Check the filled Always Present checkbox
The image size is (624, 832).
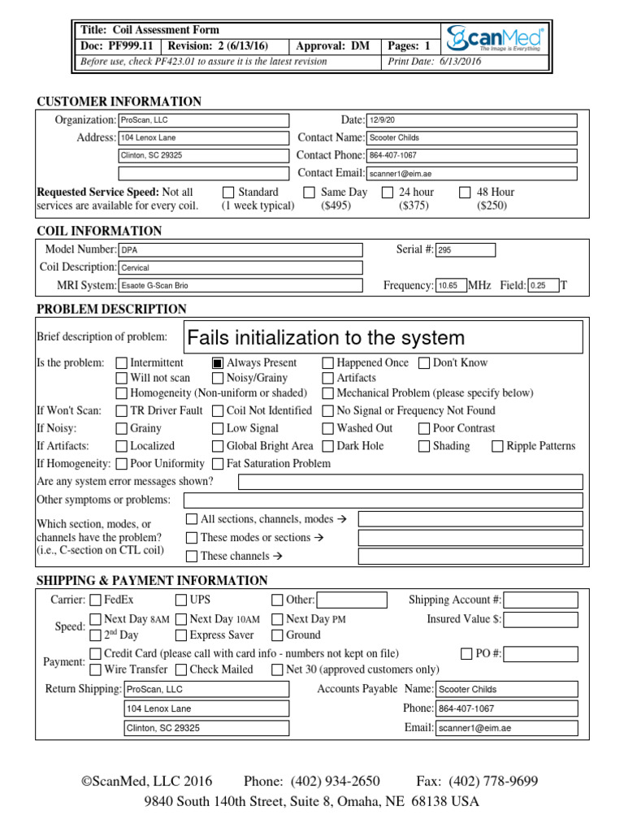(x=218, y=363)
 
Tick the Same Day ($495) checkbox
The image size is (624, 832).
(x=309, y=193)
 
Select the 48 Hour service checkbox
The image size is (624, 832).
(x=465, y=193)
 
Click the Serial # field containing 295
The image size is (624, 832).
(x=465, y=250)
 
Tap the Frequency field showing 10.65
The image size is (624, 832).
(x=451, y=285)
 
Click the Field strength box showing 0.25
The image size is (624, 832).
(x=542, y=285)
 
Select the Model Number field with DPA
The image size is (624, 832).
(x=240, y=250)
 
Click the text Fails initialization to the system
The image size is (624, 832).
(x=326, y=337)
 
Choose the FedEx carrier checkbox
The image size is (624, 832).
(x=95, y=600)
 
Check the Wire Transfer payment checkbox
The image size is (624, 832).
(x=95, y=669)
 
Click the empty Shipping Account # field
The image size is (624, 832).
(x=540, y=600)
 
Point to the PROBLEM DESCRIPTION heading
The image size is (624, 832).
(x=111, y=309)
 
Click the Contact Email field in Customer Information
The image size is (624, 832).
(x=471, y=173)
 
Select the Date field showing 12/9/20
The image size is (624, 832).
(x=471, y=120)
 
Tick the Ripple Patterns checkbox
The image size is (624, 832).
(x=497, y=446)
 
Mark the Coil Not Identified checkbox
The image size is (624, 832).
(x=218, y=411)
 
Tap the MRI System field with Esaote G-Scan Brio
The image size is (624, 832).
(x=240, y=285)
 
